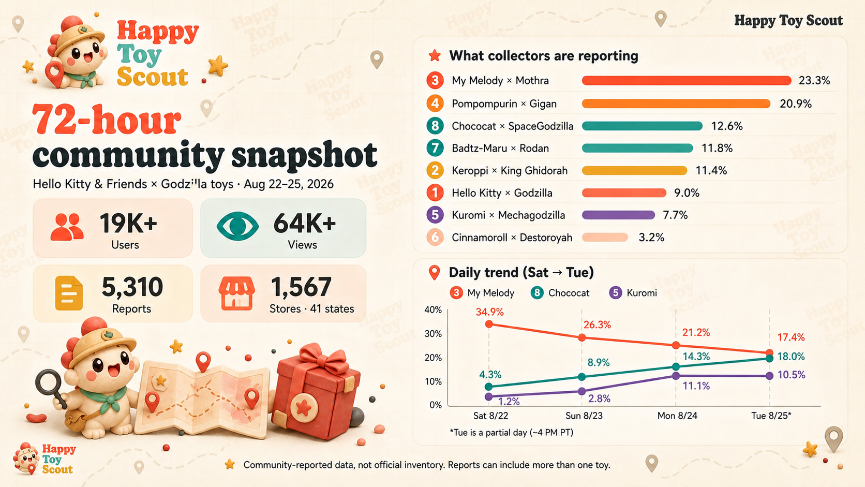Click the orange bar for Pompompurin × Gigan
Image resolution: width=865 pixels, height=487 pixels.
tap(676, 104)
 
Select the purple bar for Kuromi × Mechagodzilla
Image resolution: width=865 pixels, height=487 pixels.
tap(618, 215)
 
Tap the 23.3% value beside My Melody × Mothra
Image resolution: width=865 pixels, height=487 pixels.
tap(814, 80)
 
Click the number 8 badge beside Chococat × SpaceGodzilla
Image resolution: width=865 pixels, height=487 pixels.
tap(435, 126)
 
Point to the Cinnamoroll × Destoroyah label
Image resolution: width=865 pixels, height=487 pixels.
tap(512, 238)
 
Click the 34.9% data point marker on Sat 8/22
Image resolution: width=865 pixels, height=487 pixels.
tap(489, 324)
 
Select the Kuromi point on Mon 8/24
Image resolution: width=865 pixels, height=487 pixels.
tap(676, 376)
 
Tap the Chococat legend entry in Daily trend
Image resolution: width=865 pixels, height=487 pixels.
tap(560, 293)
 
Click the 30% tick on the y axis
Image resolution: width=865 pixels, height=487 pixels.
tap(433, 334)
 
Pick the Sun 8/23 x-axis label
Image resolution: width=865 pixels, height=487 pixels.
tap(584, 416)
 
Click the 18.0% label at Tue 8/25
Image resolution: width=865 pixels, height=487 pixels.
tap(791, 357)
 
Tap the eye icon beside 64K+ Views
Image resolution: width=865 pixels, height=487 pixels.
tap(237, 226)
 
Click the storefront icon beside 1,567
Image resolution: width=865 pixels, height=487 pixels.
tap(237, 293)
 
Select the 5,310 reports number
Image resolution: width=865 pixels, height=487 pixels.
tap(132, 287)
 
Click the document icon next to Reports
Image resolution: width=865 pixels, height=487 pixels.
tap(69, 293)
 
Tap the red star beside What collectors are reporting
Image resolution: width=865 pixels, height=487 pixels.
tap(435, 55)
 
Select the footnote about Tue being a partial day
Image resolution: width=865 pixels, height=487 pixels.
tap(511, 433)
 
